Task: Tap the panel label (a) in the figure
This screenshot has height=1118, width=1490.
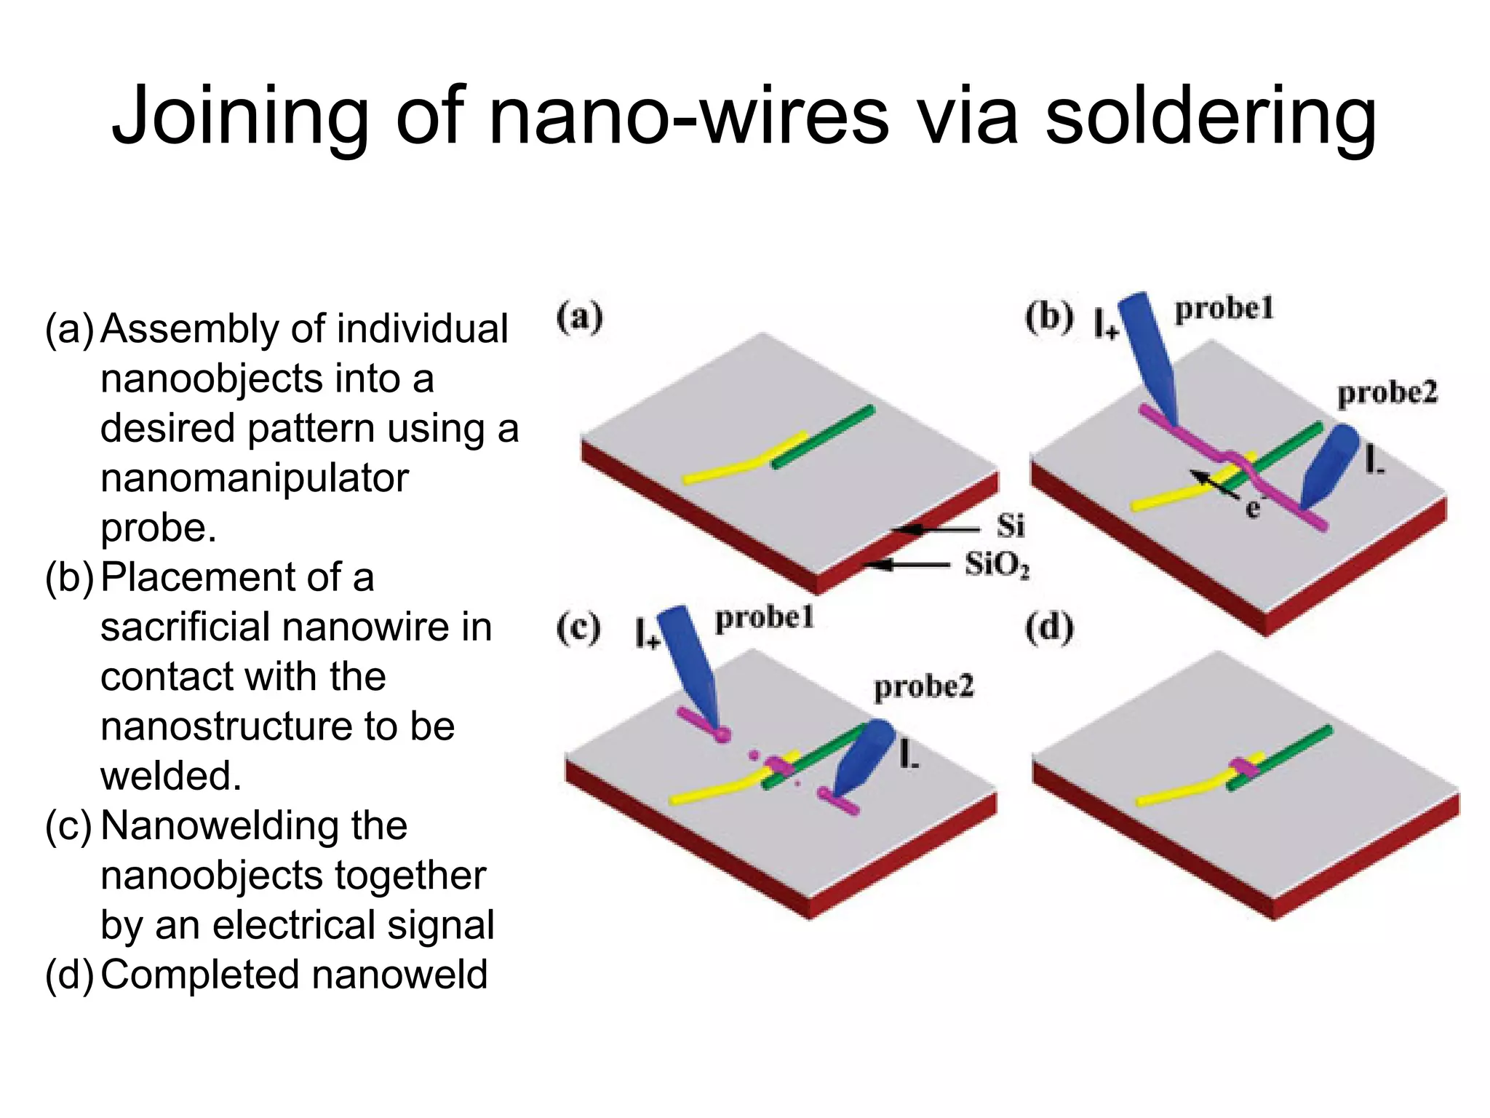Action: [x=579, y=318]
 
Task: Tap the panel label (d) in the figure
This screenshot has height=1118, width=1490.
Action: [x=1048, y=627]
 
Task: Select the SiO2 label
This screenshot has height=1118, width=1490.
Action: [x=997, y=564]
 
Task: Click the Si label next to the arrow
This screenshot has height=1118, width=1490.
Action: [x=1011, y=526]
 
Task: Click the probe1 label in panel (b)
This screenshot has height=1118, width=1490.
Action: [x=1224, y=309]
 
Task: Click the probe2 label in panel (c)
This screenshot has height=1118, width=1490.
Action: [x=923, y=686]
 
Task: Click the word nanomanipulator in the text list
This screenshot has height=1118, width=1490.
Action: [x=255, y=478]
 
